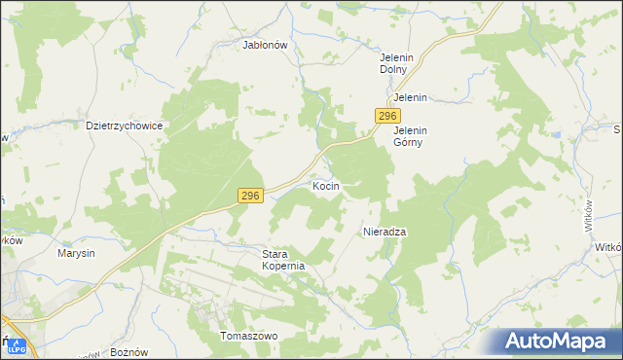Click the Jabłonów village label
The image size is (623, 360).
265,44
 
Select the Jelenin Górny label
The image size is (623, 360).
411,136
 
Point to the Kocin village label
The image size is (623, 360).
325,185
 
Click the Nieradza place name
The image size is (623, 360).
384,233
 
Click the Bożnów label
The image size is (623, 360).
129,350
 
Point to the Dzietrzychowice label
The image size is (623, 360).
124,126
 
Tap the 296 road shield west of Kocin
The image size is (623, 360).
250,197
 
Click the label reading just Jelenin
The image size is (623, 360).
411,98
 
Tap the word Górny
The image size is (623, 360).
411,142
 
